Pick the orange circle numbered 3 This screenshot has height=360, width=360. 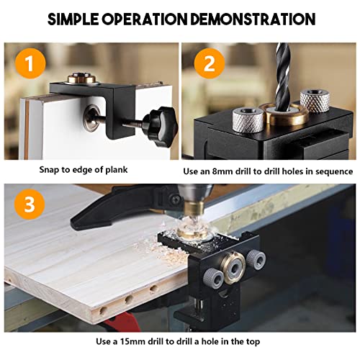pyautogui.click(x=25, y=205)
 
